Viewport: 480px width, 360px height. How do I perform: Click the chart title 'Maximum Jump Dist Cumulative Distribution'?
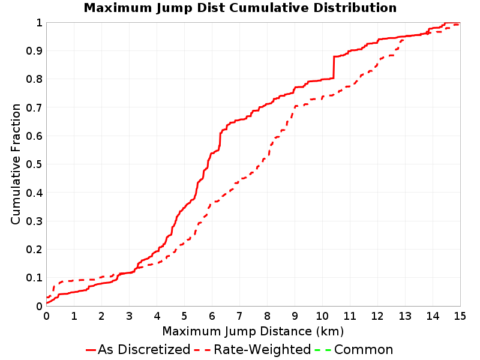(240, 8)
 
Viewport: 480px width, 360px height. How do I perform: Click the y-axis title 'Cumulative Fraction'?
(16, 164)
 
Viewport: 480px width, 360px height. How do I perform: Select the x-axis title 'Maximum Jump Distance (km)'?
(253, 332)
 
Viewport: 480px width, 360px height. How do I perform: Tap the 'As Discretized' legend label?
(144, 349)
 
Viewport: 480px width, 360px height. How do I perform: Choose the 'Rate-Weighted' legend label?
(262, 349)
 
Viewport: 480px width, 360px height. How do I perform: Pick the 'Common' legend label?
(364, 349)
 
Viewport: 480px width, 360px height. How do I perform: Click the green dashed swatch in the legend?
(323, 350)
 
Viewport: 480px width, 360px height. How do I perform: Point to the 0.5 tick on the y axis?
(34, 164)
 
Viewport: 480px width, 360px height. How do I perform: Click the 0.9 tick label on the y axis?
(34, 51)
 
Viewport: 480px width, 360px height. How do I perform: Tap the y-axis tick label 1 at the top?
(39, 23)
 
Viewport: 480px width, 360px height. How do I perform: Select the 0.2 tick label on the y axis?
(34, 250)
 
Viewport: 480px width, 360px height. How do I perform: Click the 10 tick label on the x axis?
(322, 316)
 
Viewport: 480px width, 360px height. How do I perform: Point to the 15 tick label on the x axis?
(460, 316)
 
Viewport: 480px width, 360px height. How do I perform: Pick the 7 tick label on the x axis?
(239, 316)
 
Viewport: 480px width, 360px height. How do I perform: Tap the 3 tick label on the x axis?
(129, 316)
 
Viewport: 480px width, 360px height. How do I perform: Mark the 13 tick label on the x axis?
(405, 316)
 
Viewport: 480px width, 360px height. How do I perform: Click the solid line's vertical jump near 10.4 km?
(334, 67)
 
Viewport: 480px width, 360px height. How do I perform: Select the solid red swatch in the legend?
(91, 350)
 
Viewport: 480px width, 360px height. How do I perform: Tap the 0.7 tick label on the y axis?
(34, 108)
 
